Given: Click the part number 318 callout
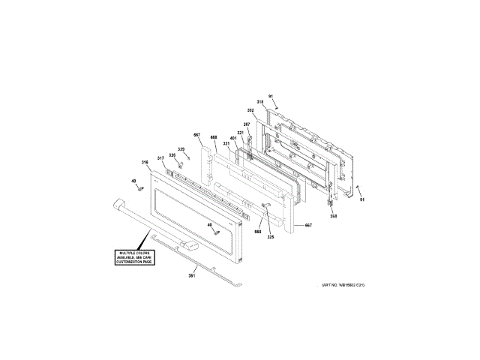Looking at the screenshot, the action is tap(260, 101).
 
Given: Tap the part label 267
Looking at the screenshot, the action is tap(246, 124).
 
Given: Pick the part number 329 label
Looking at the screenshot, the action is tap(181, 149).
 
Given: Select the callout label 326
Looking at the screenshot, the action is tap(172, 155).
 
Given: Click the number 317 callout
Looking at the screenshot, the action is tap(160, 158).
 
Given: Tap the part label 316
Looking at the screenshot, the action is tap(145, 162).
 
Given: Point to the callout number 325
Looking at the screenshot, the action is tap(271, 237).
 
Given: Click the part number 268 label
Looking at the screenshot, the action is tap(333, 217).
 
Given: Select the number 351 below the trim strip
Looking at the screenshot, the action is tap(191, 277).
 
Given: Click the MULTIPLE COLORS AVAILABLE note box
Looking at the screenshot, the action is tap(134, 256).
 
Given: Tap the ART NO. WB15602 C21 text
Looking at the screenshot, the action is tap(343, 286).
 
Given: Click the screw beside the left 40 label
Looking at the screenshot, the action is tap(140, 189).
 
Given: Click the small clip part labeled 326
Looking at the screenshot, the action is tap(180, 163).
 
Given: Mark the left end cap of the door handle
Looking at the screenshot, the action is tap(118, 203).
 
